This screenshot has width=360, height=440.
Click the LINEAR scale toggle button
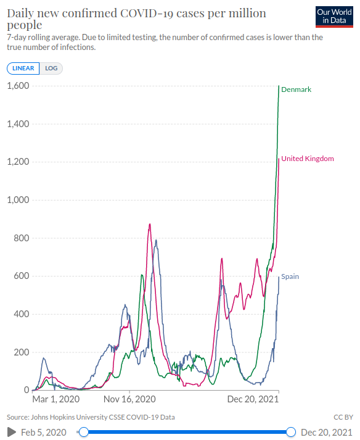[x=23, y=68]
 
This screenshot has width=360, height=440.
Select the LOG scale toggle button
[x=51, y=68]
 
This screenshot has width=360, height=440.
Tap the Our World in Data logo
[x=334, y=17]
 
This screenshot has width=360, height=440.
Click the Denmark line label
[x=296, y=89]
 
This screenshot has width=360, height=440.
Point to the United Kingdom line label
[x=308, y=159]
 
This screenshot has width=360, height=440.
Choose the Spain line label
[x=290, y=276]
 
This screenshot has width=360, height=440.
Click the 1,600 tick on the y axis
[x=18, y=86]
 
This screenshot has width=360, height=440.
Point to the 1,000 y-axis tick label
[x=18, y=200]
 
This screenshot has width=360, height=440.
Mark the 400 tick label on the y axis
[x=22, y=314]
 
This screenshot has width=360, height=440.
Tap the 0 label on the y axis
[x=27, y=390]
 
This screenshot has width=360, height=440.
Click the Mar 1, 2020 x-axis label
[x=56, y=399]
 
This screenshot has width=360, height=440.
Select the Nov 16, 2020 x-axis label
[x=129, y=399]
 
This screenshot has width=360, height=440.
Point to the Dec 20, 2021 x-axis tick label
[x=253, y=399]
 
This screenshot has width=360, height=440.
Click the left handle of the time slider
[x=84, y=432]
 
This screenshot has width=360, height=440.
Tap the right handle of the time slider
[x=291, y=432]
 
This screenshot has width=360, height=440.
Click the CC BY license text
[x=343, y=417]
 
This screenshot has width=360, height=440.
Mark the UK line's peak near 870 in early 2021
[x=150, y=224]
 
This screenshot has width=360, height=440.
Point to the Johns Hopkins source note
[x=91, y=417]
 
